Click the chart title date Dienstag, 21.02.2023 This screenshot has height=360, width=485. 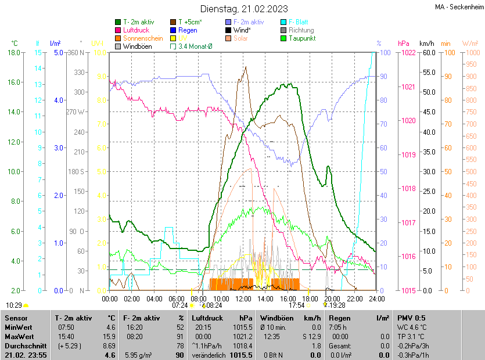[243, 9]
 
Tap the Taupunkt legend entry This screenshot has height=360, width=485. [302, 38]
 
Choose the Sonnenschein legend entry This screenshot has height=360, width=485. [143, 38]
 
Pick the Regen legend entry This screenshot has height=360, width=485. [188, 30]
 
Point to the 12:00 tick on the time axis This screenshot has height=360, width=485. [243, 298]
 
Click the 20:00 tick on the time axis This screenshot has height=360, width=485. [332, 298]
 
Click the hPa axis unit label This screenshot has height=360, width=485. [404, 44]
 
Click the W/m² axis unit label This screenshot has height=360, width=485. [470, 44]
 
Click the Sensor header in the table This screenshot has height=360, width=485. [16, 318]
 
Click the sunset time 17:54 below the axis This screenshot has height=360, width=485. [296, 305]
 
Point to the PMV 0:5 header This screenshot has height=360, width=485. [411, 318]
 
